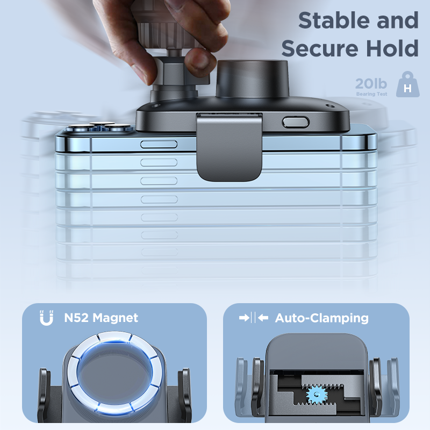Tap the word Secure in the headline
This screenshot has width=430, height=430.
(320, 48)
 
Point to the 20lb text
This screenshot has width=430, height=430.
(371, 84)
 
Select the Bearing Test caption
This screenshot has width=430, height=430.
(371, 94)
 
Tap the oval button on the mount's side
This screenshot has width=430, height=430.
(296, 123)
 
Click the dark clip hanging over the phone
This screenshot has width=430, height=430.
(230, 147)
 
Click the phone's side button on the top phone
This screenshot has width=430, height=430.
(159, 144)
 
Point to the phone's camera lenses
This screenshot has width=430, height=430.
(99, 127)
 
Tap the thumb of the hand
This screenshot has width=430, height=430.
(199, 62)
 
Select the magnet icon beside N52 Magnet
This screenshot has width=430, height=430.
(46, 318)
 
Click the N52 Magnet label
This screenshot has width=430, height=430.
(101, 318)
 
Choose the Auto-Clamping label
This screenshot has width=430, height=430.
(321, 318)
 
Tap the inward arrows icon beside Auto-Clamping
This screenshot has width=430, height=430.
(254, 318)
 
